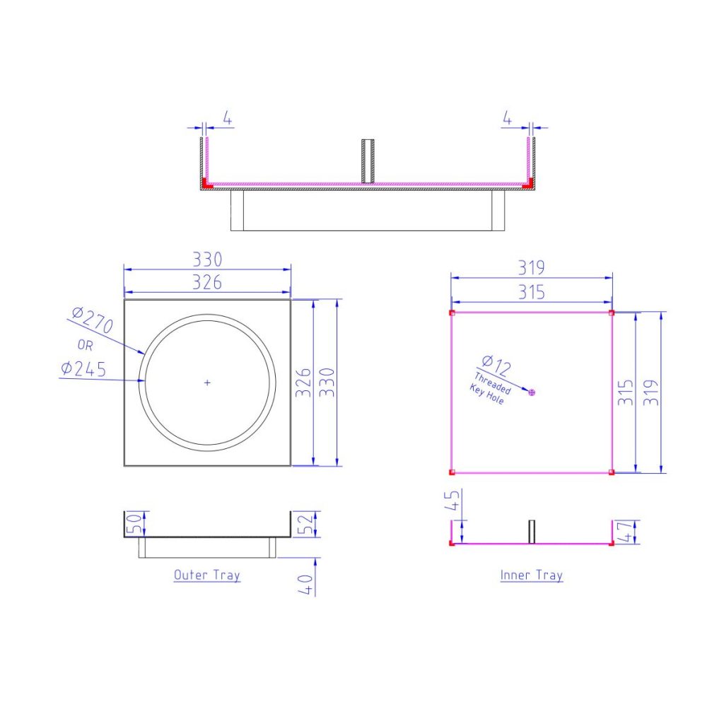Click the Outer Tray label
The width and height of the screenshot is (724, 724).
tap(207, 575)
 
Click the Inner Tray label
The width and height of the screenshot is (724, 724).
tap(532, 575)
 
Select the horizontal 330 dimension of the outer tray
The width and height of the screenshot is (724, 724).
tap(207, 259)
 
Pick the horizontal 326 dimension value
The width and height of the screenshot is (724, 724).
tap(207, 282)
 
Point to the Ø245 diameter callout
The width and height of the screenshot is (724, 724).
tap(83, 368)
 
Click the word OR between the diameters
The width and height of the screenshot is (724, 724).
tap(85, 345)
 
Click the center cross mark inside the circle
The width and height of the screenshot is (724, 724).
tap(207, 383)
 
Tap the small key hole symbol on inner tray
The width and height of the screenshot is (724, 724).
tap(532, 392)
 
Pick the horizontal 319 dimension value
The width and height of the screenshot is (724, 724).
tap(531, 269)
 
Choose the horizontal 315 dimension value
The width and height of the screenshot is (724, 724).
tap(531, 292)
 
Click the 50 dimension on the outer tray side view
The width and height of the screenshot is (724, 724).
tap(131, 524)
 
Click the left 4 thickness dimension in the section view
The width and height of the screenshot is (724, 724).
tap(227, 117)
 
